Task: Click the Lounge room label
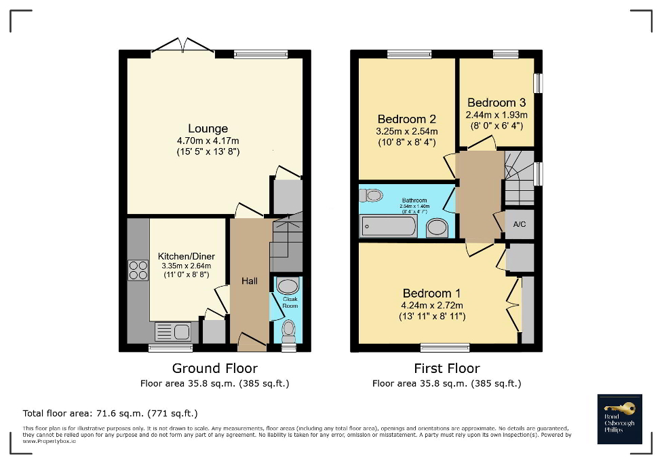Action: click(208, 128)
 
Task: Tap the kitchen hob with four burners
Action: click(138, 270)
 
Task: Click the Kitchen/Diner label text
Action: click(187, 256)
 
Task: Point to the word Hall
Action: click(249, 281)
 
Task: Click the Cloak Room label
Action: click(290, 302)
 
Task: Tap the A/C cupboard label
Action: click(520, 224)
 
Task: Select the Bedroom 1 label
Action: click(431, 293)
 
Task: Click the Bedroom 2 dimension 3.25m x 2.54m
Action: click(407, 131)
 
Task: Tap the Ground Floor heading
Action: click(214, 369)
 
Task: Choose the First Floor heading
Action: click(446, 369)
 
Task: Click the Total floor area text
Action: click(111, 413)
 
